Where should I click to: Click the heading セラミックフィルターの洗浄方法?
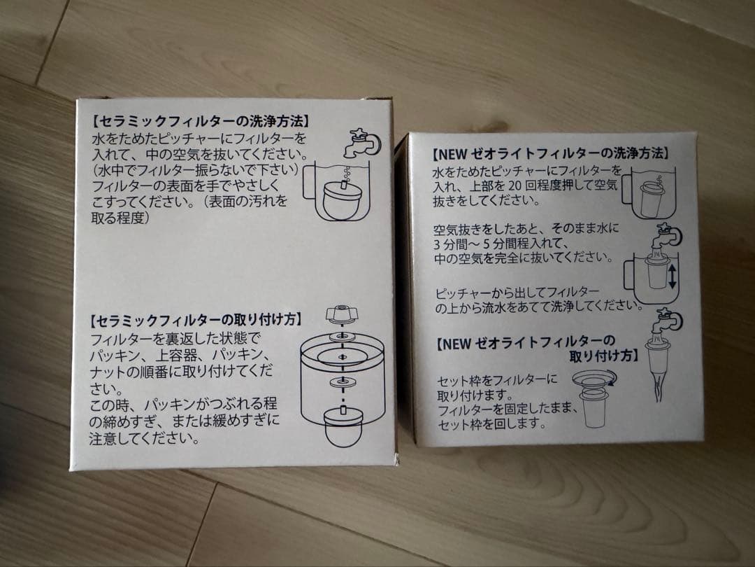[199, 121]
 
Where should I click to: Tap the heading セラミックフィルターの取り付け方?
[196, 320]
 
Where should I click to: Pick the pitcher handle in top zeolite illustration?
[627, 191]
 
